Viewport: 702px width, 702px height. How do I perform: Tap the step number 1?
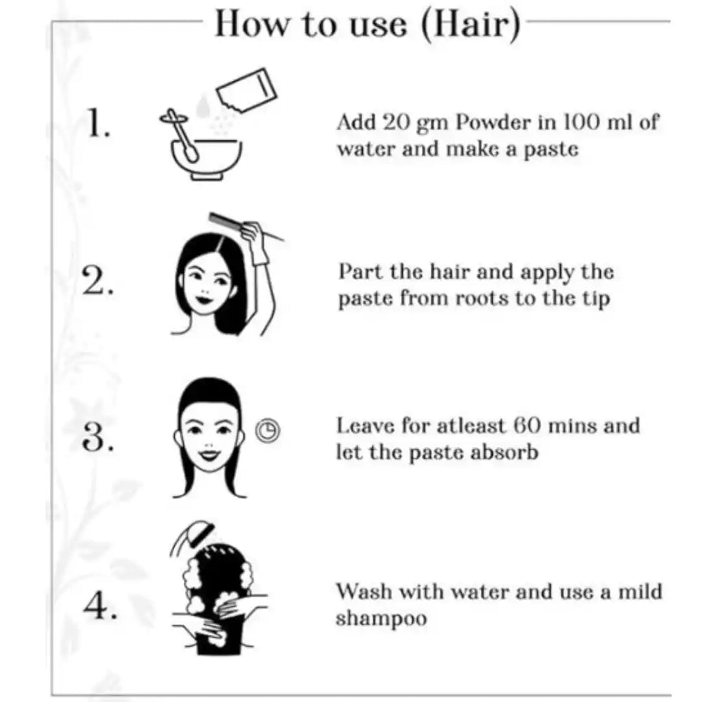click(98, 124)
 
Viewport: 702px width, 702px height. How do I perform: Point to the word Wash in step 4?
click(362, 591)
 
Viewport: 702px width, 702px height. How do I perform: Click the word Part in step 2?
click(357, 272)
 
